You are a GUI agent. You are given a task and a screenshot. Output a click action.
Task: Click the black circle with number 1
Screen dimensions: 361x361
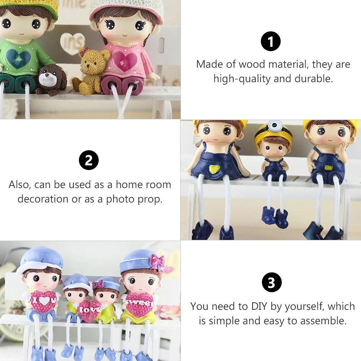[271, 41]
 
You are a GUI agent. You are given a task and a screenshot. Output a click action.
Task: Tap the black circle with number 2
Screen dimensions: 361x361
[89, 160]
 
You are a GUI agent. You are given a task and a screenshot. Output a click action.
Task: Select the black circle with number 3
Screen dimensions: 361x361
[272, 282]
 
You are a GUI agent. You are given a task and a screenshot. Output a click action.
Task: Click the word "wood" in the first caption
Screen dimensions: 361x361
[251, 64]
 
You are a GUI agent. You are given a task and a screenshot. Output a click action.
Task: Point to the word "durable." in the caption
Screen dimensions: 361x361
[314, 79]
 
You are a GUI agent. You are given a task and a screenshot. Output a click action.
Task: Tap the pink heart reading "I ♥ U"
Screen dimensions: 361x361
[43, 302]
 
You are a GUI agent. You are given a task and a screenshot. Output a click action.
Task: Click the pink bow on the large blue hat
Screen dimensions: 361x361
[157, 262]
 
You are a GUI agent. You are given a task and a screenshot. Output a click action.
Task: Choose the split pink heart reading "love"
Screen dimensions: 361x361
[90, 310]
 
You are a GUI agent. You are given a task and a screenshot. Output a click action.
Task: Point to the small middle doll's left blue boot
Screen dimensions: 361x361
[268, 214]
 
